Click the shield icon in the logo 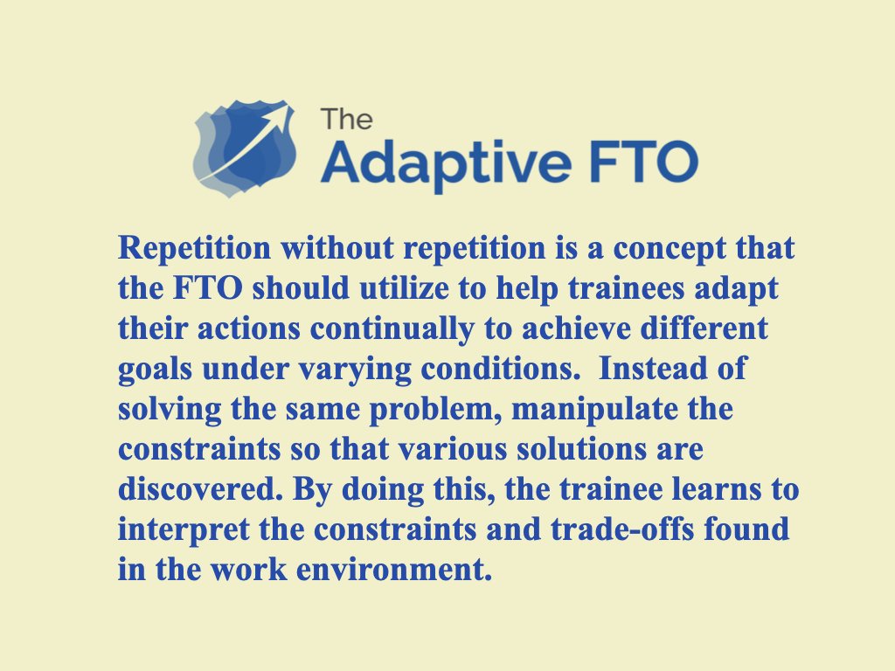coord(245,147)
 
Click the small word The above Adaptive coord(345,118)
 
